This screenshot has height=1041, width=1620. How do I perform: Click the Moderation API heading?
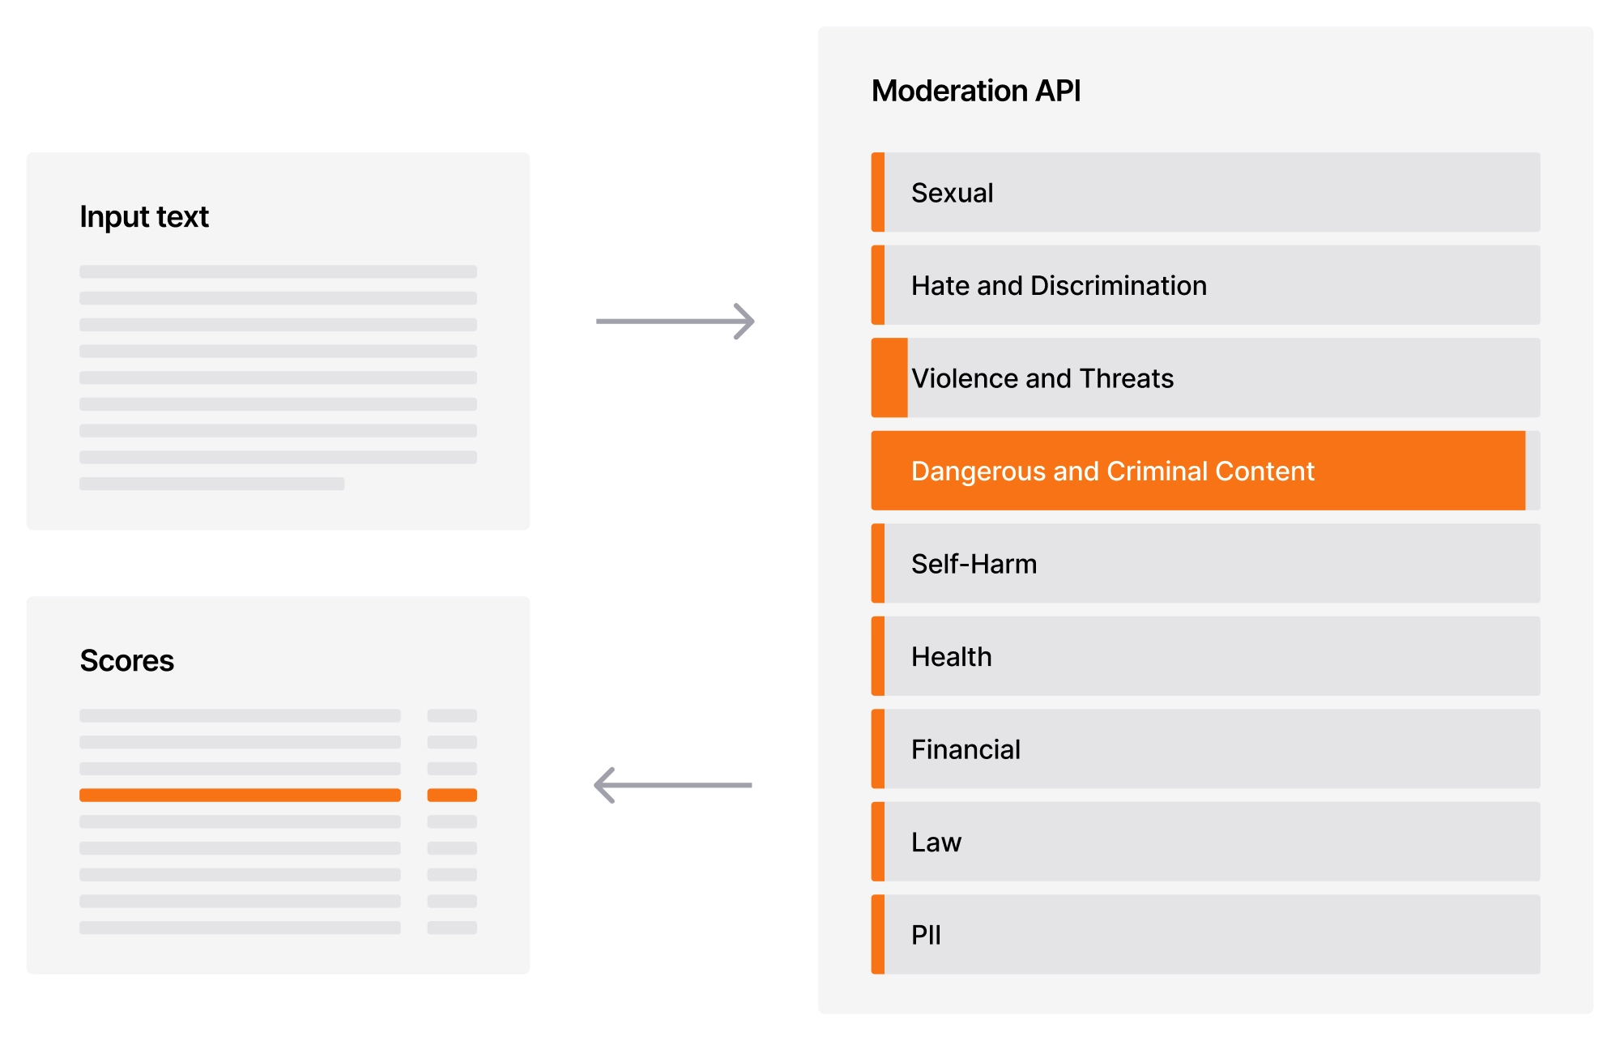[x=976, y=91]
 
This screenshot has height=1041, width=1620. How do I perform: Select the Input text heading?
[x=144, y=217]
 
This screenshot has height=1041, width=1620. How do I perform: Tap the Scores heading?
[x=127, y=661]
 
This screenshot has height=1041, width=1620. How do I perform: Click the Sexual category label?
[x=952, y=193]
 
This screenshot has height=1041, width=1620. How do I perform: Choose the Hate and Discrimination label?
[x=1059, y=286]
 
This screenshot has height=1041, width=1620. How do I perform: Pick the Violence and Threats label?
[x=1042, y=378]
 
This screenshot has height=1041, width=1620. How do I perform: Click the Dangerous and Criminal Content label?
[x=1112, y=471]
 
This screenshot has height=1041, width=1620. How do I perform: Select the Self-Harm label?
[x=974, y=564]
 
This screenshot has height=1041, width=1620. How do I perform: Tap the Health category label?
[x=951, y=657]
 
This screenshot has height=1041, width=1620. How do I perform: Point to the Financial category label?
[x=966, y=749]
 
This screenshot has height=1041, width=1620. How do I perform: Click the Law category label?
[x=936, y=843]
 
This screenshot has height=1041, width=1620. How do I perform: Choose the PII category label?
[x=926, y=935]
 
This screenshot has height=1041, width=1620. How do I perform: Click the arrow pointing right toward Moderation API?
[x=676, y=322]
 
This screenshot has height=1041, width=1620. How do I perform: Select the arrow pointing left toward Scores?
[x=673, y=785]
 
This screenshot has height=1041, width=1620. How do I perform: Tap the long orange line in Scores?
[x=240, y=796]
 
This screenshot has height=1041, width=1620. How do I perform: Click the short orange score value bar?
[x=452, y=796]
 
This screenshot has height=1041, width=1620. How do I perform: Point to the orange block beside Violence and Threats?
[x=889, y=378]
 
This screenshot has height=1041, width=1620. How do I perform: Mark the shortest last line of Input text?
[x=212, y=484]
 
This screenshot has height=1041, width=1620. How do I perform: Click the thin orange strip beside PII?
[x=878, y=935]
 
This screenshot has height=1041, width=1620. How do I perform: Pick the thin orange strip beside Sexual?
[x=878, y=193]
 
